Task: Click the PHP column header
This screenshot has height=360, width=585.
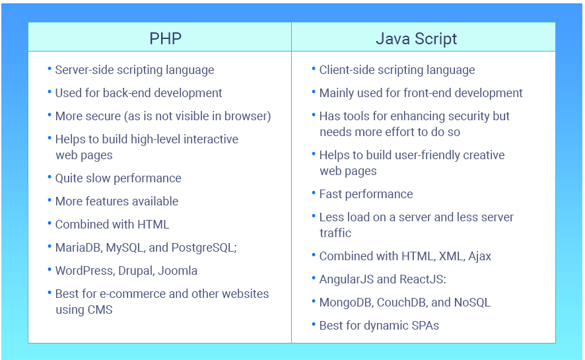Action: pyautogui.click(x=165, y=39)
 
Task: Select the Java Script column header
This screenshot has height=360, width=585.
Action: pyautogui.click(x=416, y=39)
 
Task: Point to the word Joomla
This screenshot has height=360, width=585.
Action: pyautogui.click(x=177, y=271)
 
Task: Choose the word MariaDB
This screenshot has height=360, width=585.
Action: pyautogui.click(x=78, y=248)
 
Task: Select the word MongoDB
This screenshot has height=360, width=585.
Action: pyautogui.click(x=345, y=303)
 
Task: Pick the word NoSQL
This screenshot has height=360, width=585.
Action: pyautogui.click(x=472, y=303)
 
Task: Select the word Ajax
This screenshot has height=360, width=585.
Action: pyautogui.click(x=479, y=256)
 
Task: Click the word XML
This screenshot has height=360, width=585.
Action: pyautogui.click(x=450, y=256)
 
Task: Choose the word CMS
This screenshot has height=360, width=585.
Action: pyautogui.click(x=100, y=310)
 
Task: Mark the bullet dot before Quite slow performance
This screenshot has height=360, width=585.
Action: pyautogui.click(x=50, y=177)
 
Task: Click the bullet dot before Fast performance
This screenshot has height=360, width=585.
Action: pyautogui.click(x=314, y=194)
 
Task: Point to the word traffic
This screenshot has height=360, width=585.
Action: pyautogui.click(x=335, y=233)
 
